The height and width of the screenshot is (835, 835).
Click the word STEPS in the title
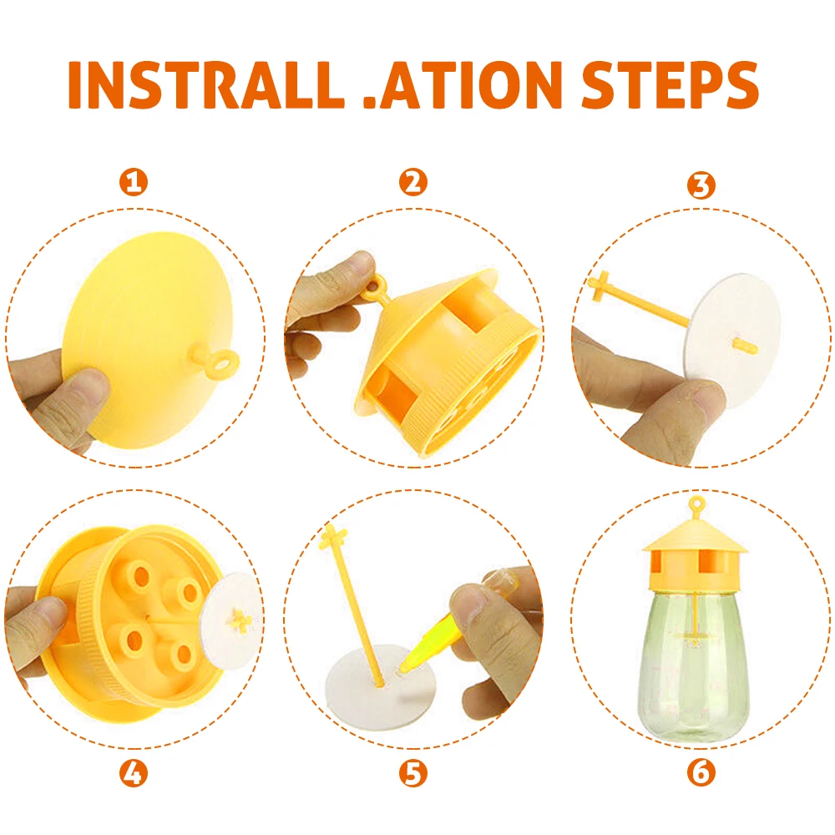(670, 84)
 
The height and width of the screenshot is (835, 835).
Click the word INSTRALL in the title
(206, 84)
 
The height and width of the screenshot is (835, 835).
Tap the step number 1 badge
(134, 183)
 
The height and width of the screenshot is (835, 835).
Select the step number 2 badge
(413, 182)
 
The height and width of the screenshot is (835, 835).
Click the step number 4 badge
(134, 772)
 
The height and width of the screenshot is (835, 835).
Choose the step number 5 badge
(413, 773)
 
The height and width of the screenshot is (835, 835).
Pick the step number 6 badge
(701, 772)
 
